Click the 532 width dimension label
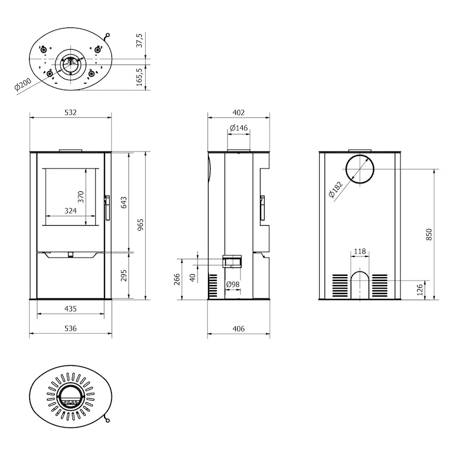tap(70, 113)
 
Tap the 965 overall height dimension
tap(141, 225)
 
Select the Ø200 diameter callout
tap(23, 84)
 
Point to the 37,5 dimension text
tap(139, 41)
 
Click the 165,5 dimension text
tap(139, 77)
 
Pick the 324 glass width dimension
tap(70, 211)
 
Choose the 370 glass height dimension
tap(81, 197)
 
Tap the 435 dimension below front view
tap(70, 308)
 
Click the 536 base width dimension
tap(70, 328)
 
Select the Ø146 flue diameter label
tap(238, 127)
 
